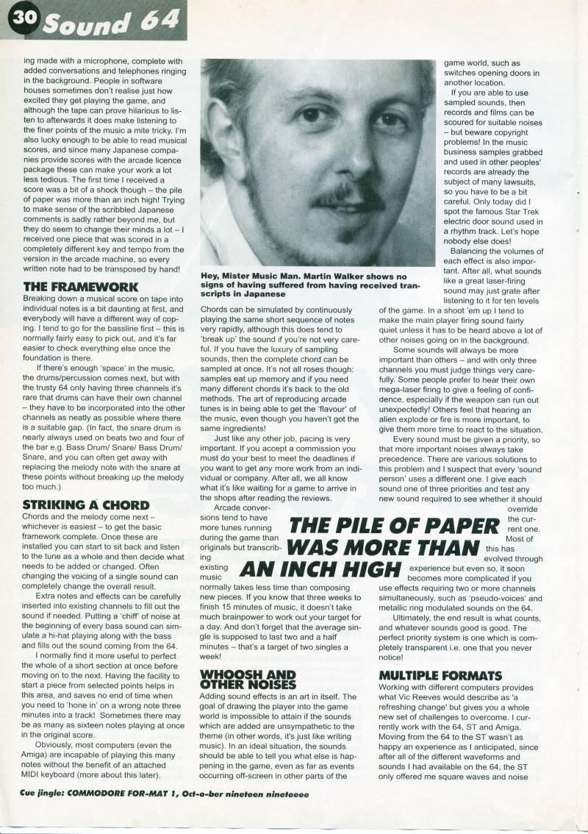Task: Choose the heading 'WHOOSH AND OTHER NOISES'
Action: click(248, 679)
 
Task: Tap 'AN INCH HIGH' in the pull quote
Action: click(324, 571)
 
